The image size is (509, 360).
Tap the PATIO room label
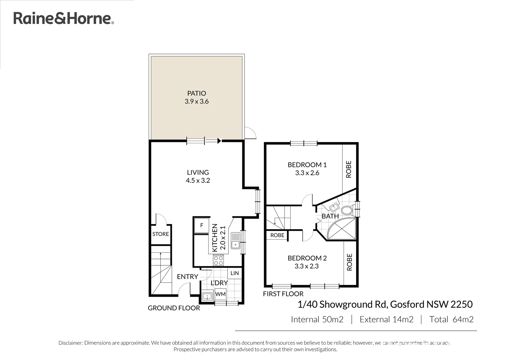pyautogui.click(x=197, y=93)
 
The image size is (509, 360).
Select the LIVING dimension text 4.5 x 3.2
pyautogui.click(x=198, y=181)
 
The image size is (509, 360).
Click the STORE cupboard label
pyautogui.click(x=161, y=234)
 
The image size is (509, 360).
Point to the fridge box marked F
pyautogui.click(x=202, y=226)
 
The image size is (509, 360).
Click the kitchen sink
pyautogui.click(x=236, y=240)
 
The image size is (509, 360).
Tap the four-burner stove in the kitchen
pyautogui.click(x=219, y=260)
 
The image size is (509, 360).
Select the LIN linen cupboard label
pyautogui.click(x=235, y=273)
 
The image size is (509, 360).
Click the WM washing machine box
pyautogui.click(x=220, y=294)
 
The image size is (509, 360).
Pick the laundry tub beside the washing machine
pyautogui.click(x=208, y=296)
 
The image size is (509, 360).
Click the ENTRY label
pyautogui.click(x=187, y=277)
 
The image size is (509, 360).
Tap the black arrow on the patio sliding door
pyautogui.click(x=219, y=141)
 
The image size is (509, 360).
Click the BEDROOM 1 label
pyautogui.click(x=307, y=165)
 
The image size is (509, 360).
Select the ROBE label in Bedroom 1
pyautogui.click(x=349, y=169)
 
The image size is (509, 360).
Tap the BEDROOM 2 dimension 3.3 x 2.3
pyautogui.click(x=307, y=266)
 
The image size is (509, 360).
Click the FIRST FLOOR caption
pyautogui.click(x=283, y=294)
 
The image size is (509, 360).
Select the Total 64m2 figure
pyautogui.click(x=451, y=319)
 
